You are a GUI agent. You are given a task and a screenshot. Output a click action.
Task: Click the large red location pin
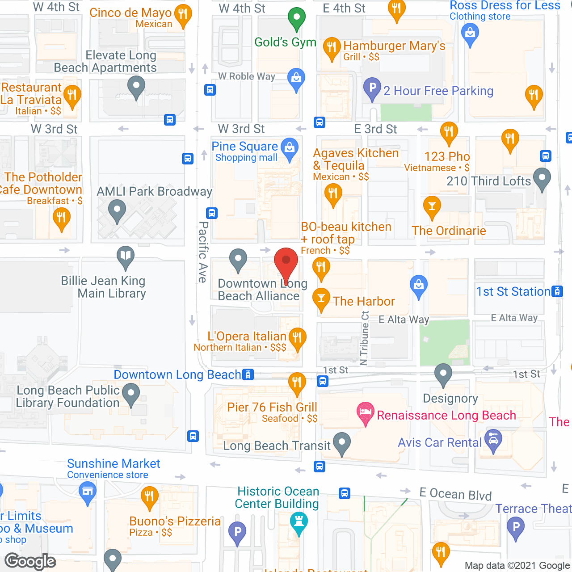pyautogui.click(x=286, y=263)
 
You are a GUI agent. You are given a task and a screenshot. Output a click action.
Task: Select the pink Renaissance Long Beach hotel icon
pyautogui.click(x=365, y=413)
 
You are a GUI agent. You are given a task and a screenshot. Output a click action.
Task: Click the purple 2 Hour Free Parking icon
pyautogui.click(x=372, y=88)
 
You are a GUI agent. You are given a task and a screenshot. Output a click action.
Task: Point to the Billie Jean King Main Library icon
pyautogui.click(x=126, y=257)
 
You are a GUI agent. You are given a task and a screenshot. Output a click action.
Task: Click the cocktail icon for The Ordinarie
pyautogui.click(x=432, y=207)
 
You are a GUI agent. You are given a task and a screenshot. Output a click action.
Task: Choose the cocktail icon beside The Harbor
pyautogui.click(x=321, y=299)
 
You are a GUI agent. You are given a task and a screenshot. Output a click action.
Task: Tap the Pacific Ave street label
pyautogui.click(x=203, y=252)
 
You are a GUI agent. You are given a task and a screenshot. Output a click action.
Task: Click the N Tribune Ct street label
pyautogui.click(x=364, y=338)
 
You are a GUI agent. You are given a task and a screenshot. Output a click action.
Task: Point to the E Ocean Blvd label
pyautogui.click(x=455, y=494)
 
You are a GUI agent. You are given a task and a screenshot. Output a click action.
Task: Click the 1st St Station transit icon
pyautogui.click(x=557, y=291)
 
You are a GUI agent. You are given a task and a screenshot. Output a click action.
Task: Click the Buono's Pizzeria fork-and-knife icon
pyautogui.click(x=149, y=497)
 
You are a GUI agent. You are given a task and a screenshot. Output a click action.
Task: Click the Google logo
pyautogui.click(x=30, y=561)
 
